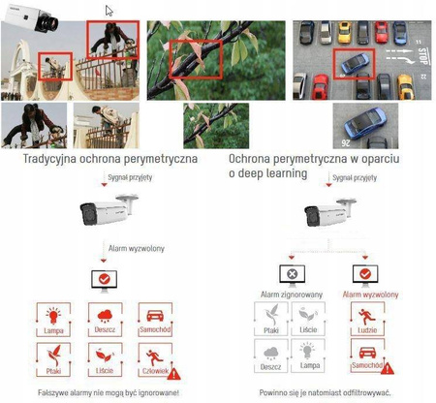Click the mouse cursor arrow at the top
109,11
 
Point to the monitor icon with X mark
288,275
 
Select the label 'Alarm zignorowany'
288,292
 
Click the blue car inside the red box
352,65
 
